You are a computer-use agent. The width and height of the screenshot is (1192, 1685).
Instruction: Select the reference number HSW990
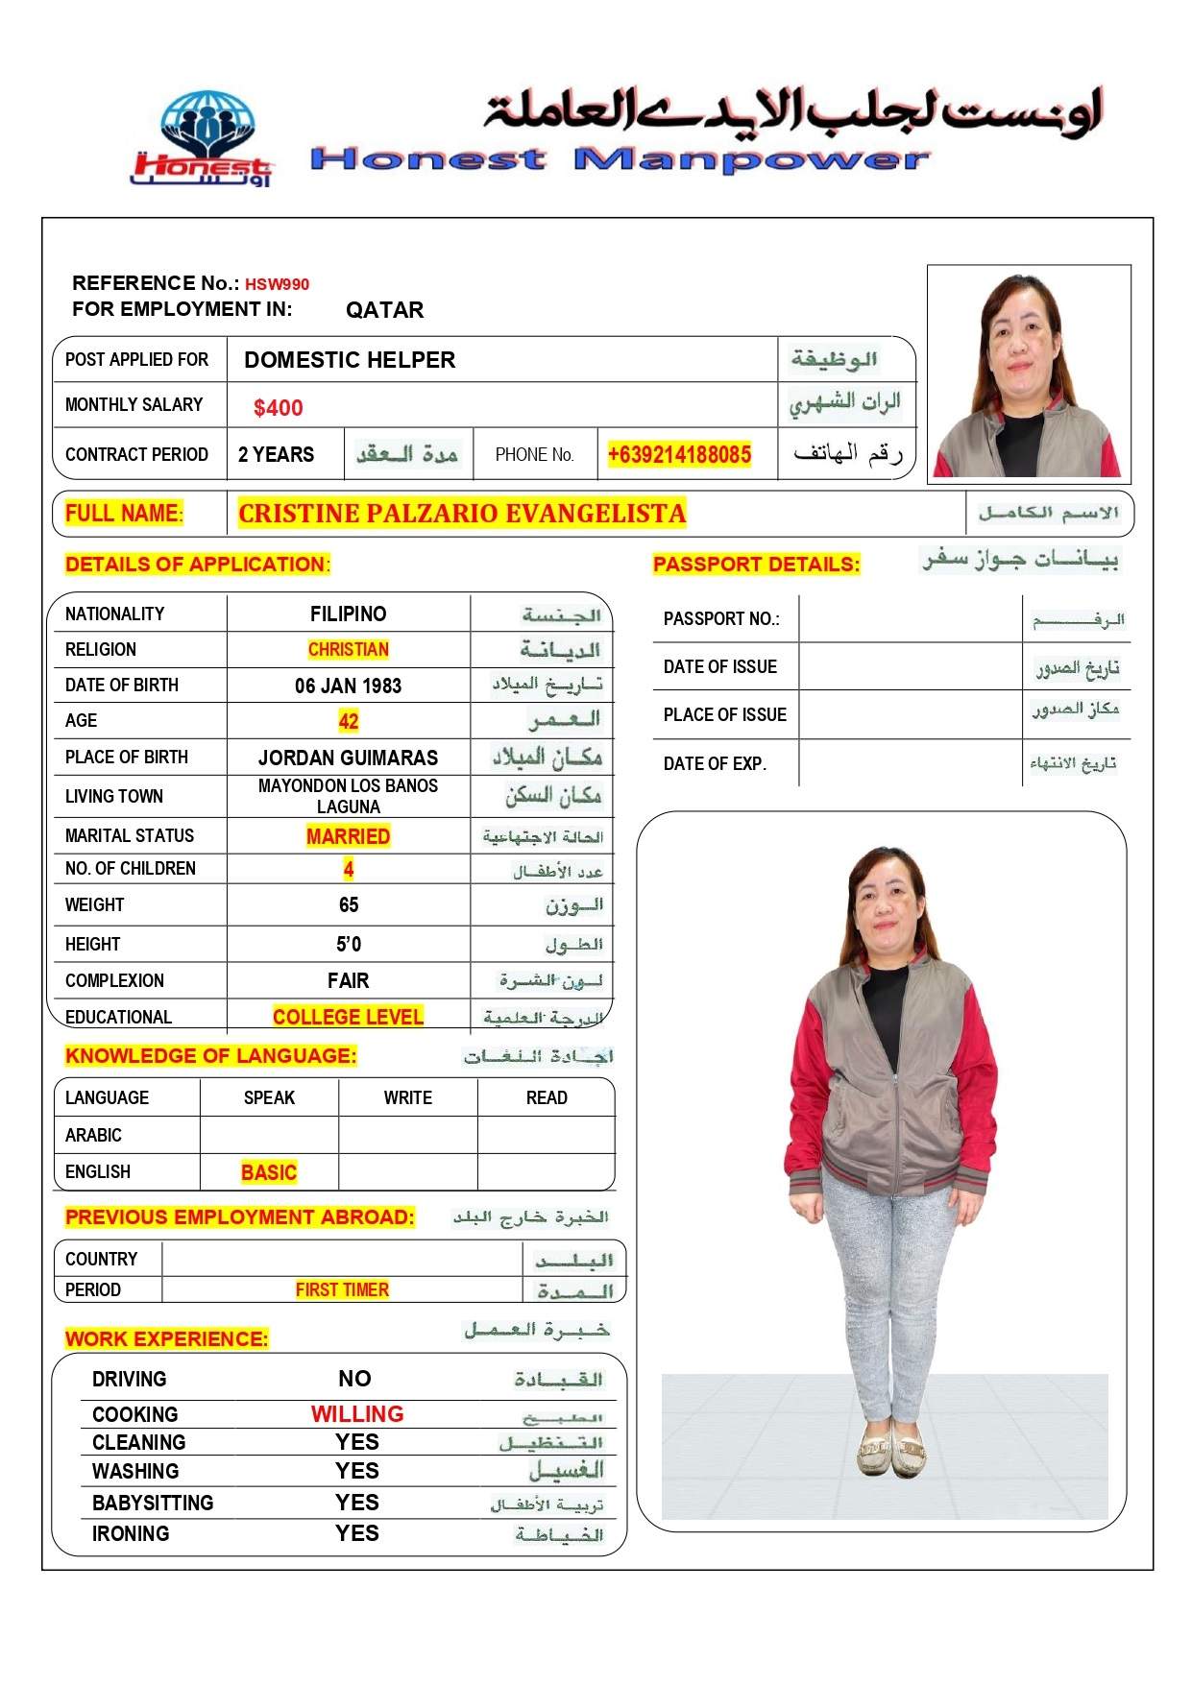click(277, 284)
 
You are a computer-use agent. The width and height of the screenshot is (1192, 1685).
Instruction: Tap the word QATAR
click(384, 310)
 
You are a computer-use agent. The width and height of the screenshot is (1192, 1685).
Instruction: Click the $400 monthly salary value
click(279, 408)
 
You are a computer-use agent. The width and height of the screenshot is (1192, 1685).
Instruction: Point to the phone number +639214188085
click(679, 455)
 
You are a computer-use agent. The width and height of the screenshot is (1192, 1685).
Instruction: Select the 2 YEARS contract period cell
click(276, 455)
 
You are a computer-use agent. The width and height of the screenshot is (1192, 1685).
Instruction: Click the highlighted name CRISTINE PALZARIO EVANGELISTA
click(462, 514)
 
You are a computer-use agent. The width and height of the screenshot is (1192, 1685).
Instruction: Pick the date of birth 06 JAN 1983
click(348, 686)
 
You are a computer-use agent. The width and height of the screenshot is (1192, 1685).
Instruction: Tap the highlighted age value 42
click(348, 721)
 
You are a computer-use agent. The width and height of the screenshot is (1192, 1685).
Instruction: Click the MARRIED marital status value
click(348, 836)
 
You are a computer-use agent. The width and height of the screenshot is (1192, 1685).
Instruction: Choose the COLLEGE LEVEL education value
click(348, 1017)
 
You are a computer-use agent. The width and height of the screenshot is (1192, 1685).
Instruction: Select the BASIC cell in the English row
click(269, 1172)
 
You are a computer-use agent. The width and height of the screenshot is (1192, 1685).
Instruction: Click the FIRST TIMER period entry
click(342, 1289)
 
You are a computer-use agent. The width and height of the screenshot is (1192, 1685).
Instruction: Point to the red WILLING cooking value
click(357, 1414)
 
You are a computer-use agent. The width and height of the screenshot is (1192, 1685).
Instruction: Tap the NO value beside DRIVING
click(354, 1379)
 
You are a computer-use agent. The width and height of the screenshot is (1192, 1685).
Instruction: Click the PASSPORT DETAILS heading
click(756, 565)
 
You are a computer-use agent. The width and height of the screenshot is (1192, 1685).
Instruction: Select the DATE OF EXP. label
click(715, 764)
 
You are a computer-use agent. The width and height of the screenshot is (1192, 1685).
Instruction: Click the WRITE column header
click(407, 1097)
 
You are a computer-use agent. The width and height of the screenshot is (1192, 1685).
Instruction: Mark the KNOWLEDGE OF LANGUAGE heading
click(210, 1056)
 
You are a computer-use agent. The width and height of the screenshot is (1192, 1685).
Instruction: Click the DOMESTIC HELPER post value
click(350, 360)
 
